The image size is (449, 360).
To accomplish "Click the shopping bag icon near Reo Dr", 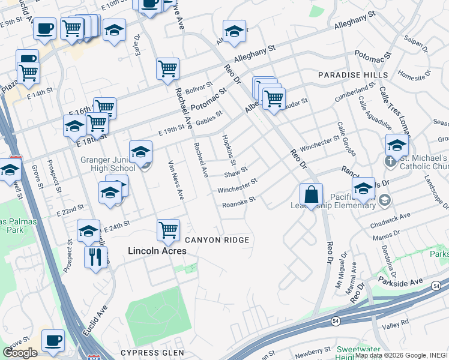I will [312, 194].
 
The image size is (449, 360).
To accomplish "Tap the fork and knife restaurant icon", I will [95, 257].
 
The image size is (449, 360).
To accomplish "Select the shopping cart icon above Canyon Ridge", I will [168, 230].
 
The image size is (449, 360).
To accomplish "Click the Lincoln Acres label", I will [157, 251].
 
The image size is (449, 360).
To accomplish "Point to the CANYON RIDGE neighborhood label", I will [217, 240].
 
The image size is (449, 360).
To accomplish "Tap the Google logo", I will [20, 353].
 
